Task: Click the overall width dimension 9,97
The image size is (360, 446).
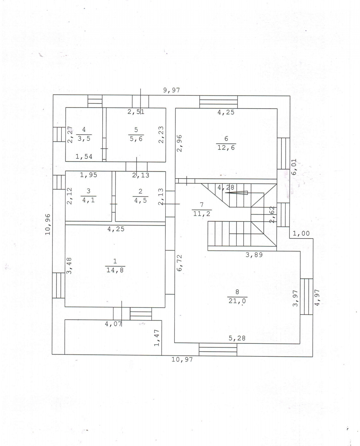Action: click(171, 90)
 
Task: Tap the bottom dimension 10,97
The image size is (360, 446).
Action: click(182, 359)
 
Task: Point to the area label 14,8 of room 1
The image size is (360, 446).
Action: click(115, 270)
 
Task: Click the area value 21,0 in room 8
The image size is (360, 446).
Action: click(237, 300)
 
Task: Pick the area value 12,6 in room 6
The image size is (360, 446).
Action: click(226, 147)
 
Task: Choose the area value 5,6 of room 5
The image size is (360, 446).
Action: click(136, 139)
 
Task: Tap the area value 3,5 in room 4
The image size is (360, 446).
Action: click(84, 139)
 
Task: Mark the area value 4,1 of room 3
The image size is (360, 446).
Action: click(88, 200)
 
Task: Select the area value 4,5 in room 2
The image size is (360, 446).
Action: click(140, 200)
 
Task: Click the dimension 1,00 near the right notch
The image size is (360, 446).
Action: click(301, 234)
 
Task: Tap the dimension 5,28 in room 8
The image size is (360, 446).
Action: click(237, 338)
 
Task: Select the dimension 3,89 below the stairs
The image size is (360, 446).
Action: click(254, 255)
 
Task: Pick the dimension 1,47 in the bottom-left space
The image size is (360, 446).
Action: click(157, 338)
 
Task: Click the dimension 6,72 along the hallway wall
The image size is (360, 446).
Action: click(180, 263)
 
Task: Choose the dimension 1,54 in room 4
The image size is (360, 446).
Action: click(84, 156)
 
